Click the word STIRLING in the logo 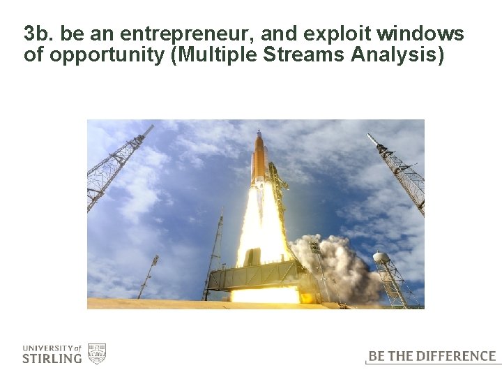52,359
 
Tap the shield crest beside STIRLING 96,353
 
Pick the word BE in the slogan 376,356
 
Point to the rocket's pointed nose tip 259,131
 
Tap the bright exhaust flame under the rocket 262,230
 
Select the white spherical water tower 381,258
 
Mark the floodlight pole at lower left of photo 149,276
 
